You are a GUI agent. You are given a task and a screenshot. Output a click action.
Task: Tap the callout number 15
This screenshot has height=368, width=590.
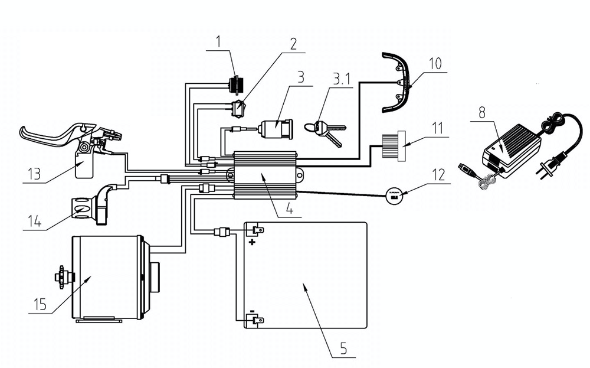tap(39, 305)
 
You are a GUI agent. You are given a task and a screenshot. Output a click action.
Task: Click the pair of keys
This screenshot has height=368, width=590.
tap(325, 131)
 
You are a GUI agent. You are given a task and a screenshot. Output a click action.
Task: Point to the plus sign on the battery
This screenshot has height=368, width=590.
tap(253, 242)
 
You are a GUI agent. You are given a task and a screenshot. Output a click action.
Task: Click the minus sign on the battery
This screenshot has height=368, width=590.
tap(252, 311)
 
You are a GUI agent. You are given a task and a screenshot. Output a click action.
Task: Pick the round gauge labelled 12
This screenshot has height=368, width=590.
tap(393, 194)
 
